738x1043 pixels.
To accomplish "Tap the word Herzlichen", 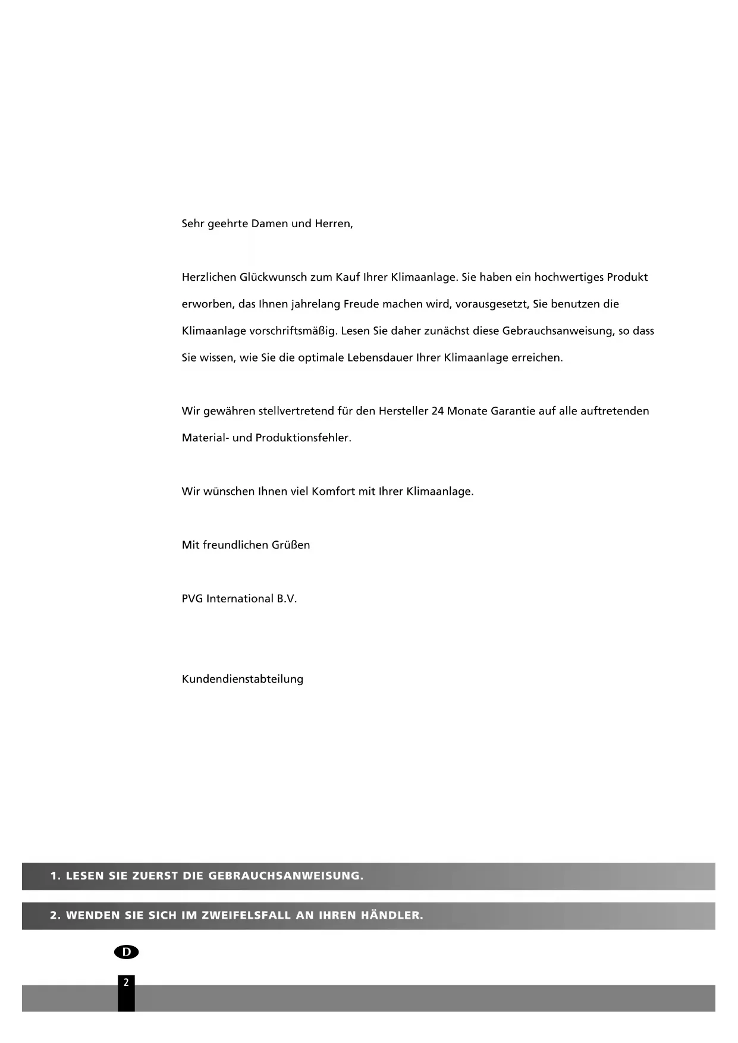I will [x=208, y=277].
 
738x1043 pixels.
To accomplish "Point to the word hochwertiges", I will [x=568, y=277].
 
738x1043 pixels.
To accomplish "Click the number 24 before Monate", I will [x=438, y=411].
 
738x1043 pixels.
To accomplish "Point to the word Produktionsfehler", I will [x=303, y=438].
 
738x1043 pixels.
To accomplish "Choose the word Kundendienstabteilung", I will [x=243, y=679].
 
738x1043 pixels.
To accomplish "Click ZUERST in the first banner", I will [x=155, y=876].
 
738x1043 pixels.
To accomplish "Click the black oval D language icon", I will [x=126, y=952].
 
